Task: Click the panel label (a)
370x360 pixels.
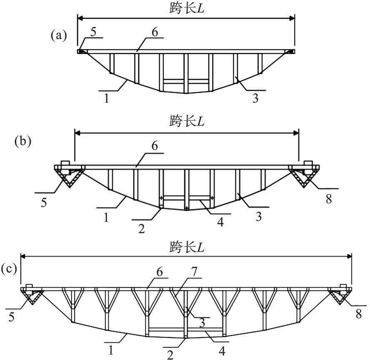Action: (58, 36)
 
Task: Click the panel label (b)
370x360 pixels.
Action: (22, 141)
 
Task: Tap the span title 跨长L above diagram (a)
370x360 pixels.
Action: (186, 8)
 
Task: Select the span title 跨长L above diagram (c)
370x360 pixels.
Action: (186, 247)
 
